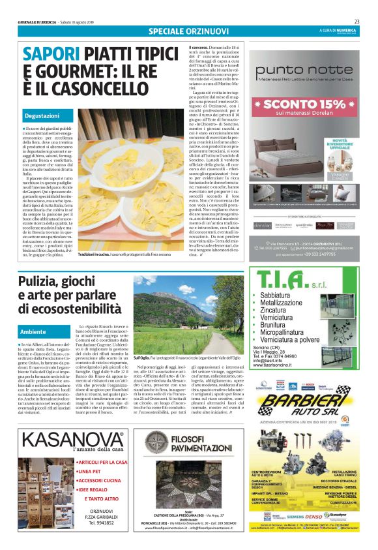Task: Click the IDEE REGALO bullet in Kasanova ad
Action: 96,489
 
